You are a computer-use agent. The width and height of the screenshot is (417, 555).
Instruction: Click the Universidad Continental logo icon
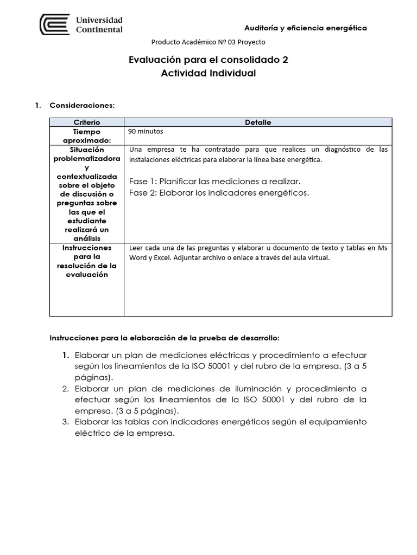pos(55,24)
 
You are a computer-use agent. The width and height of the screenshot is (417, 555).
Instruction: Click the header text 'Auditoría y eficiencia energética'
pos(305,28)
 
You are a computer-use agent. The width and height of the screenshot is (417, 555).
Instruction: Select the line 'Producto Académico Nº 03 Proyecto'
pos(208,42)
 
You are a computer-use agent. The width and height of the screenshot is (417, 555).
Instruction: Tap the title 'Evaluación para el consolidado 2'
pos(208,60)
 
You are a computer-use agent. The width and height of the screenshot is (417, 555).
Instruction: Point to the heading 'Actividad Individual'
pos(208,73)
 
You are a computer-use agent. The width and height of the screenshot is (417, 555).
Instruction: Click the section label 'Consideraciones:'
pos(82,105)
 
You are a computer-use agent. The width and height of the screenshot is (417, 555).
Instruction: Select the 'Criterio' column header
pos(86,122)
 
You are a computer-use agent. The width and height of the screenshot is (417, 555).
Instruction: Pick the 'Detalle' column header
pos(258,122)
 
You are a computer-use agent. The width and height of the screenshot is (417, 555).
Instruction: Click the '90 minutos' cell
pos(146,131)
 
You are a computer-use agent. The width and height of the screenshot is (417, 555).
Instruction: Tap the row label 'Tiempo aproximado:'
pos(86,135)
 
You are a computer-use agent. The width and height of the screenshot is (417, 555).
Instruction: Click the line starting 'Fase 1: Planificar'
pos(214,181)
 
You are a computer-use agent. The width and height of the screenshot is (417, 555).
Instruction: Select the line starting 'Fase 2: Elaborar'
pos(219,193)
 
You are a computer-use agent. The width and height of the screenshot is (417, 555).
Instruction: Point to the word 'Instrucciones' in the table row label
pos(86,248)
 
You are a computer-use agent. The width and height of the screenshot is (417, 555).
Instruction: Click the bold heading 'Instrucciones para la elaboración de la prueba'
pos(165,337)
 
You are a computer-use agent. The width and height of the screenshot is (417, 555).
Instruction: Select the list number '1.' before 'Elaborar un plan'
pos(65,356)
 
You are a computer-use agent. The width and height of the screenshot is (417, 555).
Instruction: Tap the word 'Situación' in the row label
pos(86,149)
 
